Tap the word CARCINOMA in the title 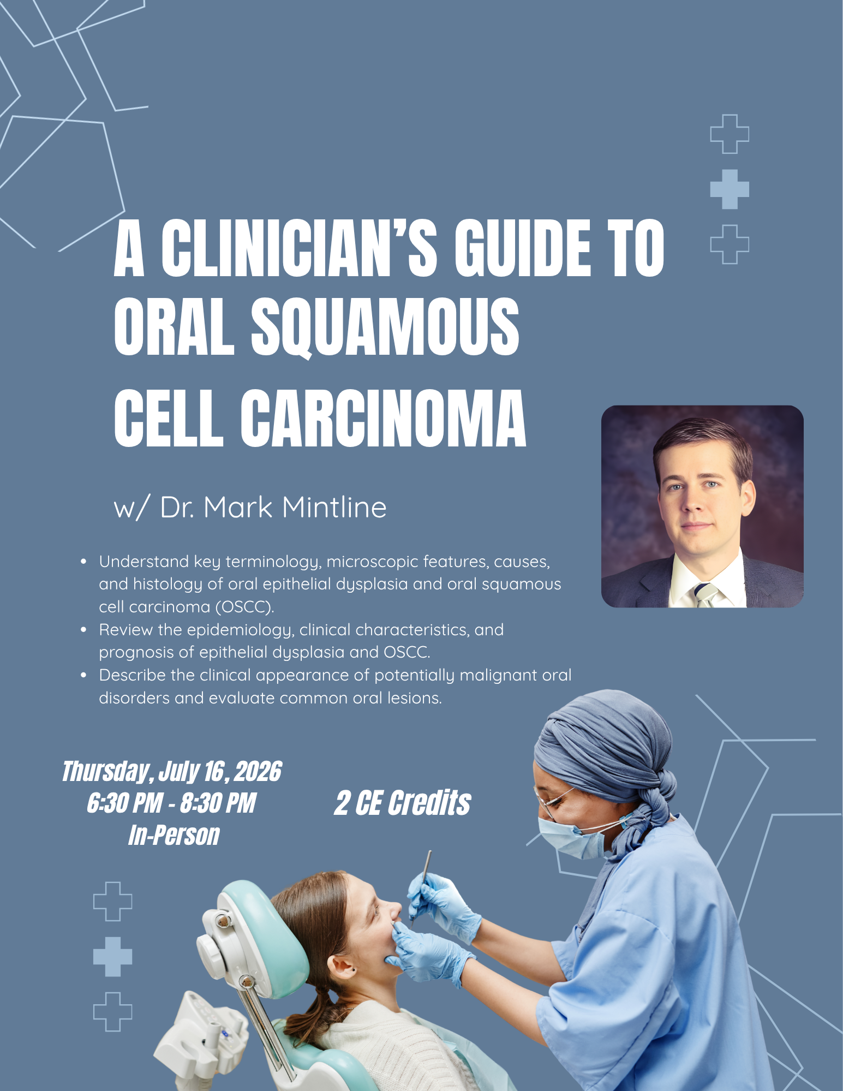tap(383, 419)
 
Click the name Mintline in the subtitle tap(334, 507)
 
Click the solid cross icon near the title tap(730, 189)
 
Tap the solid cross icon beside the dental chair tap(113, 957)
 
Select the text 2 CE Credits tap(403, 803)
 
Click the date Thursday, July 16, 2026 tap(172, 772)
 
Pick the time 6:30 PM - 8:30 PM tap(171, 803)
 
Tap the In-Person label tap(174, 836)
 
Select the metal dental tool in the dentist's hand tap(421, 885)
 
